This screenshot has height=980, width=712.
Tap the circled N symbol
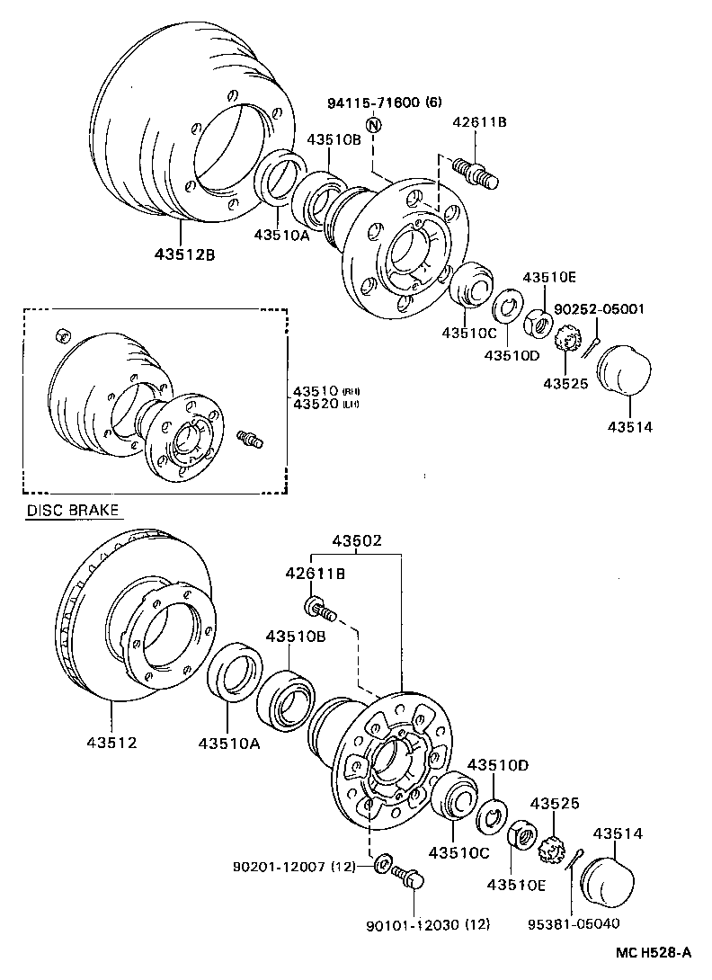(x=373, y=125)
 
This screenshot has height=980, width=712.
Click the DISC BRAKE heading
(x=72, y=510)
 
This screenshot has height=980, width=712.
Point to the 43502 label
(x=357, y=541)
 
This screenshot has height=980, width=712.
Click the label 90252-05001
(x=599, y=309)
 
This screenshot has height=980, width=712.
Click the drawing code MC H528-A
(x=654, y=952)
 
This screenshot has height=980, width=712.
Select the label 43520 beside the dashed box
(x=313, y=404)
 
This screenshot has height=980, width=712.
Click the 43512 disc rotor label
(x=112, y=743)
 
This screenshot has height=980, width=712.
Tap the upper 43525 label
(x=565, y=384)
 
